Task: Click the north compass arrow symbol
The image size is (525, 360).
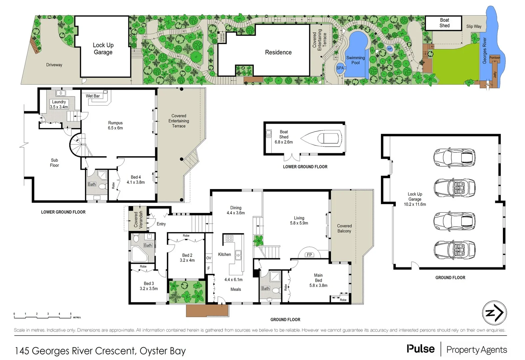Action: [494, 313]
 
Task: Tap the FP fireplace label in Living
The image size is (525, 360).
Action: [309, 255]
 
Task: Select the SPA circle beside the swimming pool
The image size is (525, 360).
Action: [340, 68]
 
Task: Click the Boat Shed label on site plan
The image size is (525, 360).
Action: [444, 23]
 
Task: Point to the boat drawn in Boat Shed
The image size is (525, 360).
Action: [321, 138]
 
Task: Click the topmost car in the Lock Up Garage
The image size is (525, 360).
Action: [454, 157]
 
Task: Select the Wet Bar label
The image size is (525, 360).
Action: [93, 96]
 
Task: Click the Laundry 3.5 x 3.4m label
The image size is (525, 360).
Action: [59, 104]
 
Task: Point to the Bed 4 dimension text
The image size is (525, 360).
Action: [136, 182]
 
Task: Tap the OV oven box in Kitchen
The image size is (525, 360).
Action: [209, 258]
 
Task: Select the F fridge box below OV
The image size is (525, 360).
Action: [209, 268]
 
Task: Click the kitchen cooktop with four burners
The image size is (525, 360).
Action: [229, 238]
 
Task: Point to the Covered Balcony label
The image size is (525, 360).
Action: [344, 228]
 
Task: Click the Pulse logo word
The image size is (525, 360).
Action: [420, 349]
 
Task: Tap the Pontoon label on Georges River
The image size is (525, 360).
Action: [495, 58]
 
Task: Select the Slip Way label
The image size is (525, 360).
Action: [474, 26]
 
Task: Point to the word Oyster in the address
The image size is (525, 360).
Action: [154, 351]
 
